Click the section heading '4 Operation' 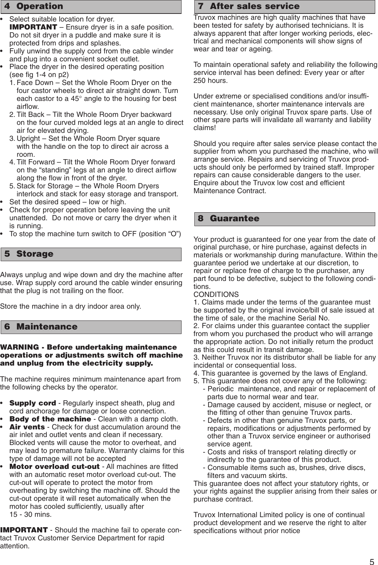click(x=34, y=6)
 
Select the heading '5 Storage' click(x=29, y=254)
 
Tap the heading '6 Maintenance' click(x=41, y=327)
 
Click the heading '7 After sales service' click(x=249, y=6)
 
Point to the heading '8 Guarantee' click(x=229, y=219)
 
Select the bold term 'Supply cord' click(x=33, y=403)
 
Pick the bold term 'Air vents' click(x=27, y=427)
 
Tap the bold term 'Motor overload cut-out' click(x=54, y=466)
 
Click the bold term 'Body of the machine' click(x=50, y=419)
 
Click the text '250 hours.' click(x=210, y=81)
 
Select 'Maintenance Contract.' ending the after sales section click(x=230, y=191)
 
